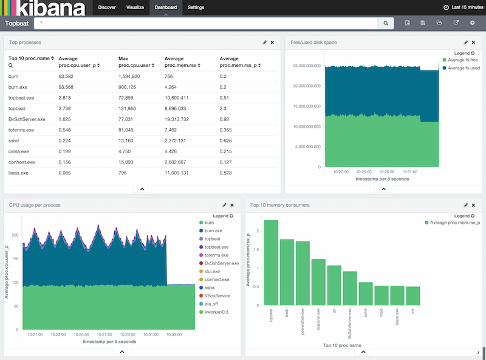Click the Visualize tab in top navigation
click(135, 7)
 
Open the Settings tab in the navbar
click(196, 7)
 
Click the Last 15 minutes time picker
click(464, 7)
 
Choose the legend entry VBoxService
click(217, 296)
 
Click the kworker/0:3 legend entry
click(217, 312)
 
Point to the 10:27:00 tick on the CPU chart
click(105, 334)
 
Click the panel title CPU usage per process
click(35, 205)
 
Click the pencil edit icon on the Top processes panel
click(264, 43)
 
